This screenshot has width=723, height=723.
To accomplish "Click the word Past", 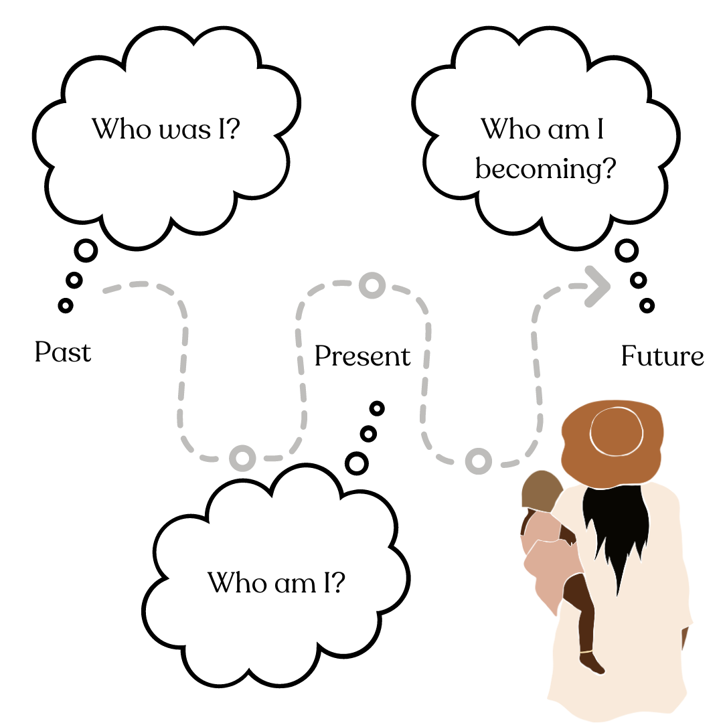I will click(x=62, y=351).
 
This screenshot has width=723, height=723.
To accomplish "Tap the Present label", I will click(x=362, y=356).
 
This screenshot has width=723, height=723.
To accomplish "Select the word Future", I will click(x=662, y=356).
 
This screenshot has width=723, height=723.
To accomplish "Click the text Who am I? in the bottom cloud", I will click(x=276, y=582).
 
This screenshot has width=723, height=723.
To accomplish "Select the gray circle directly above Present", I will click(x=372, y=286).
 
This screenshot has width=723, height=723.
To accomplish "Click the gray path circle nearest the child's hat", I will click(x=478, y=461).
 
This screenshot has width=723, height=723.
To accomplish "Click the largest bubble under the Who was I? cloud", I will click(x=86, y=251).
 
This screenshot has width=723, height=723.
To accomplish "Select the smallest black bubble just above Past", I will click(x=65, y=305).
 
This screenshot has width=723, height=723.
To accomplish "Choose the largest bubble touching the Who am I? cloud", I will click(x=357, y=463).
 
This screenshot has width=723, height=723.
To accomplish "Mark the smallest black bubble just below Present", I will click(x=377, y=407).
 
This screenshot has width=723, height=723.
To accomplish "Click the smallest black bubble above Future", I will click(x=646, y=306).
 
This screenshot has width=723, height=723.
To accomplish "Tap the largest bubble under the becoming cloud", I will click(x=627, y=251).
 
